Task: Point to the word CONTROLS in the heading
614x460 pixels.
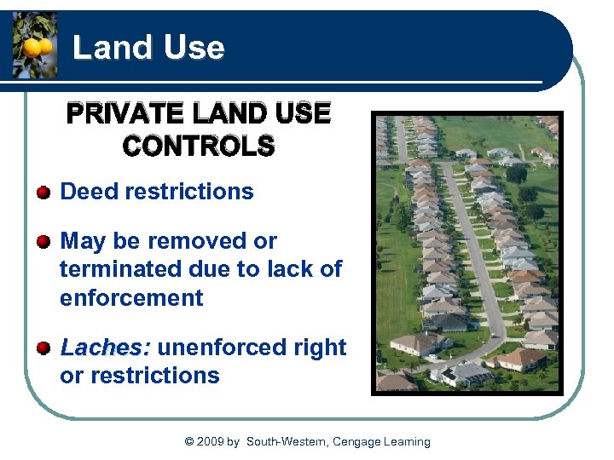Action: click(199, 146)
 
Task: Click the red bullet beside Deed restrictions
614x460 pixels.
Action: click(43, 192)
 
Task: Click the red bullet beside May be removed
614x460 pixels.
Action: click(43, 241)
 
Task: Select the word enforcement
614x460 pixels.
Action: click(131, 298)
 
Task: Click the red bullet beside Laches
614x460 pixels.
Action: click(43, 348)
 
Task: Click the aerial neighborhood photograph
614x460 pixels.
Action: click(467, 253)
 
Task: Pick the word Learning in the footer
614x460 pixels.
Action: click(403, 441)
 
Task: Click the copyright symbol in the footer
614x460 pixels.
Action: click(189, 441)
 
